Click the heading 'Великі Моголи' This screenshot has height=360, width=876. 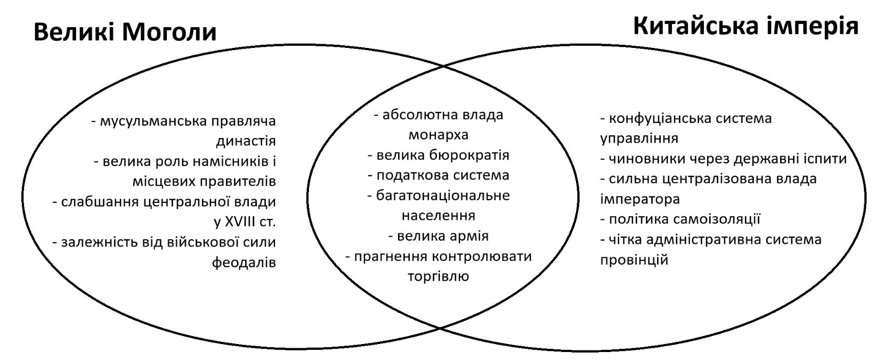125,32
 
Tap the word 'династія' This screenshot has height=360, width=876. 246,141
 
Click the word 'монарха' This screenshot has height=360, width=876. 439,135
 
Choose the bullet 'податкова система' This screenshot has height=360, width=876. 439,175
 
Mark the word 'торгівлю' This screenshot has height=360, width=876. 439,276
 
